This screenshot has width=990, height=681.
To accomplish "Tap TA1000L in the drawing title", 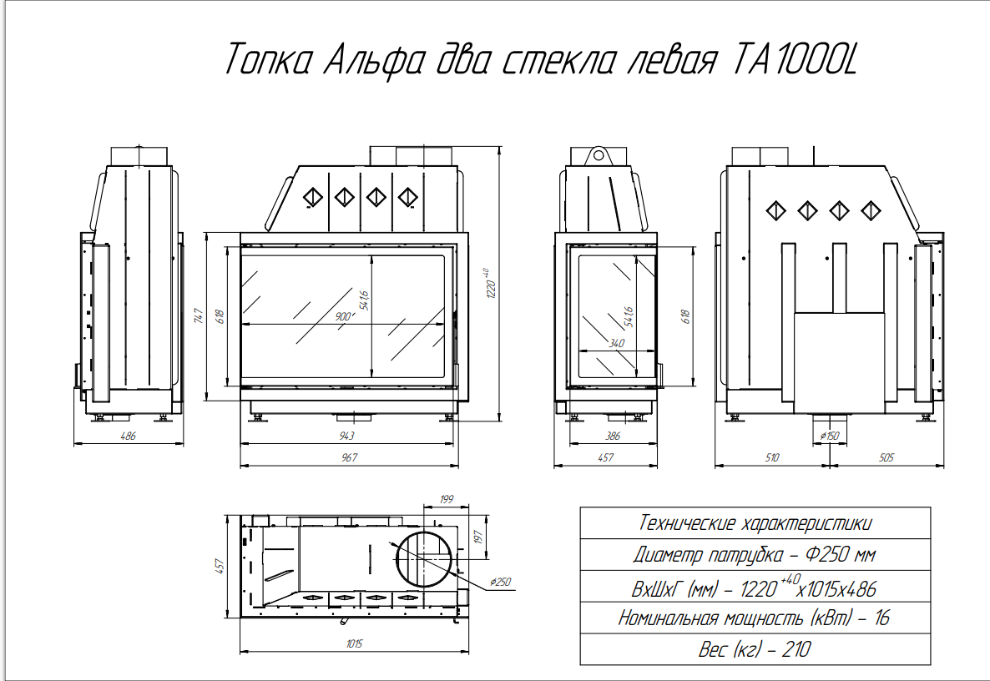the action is pyautogui.click(x=795, y=59).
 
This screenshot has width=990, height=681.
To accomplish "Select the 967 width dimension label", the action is pyautogui.click(x=349, y=457).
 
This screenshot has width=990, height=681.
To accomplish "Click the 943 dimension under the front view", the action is pyautogui.click(x=346, y=436).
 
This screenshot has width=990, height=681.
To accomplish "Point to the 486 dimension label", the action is pyautogui.click(x=129, y=436).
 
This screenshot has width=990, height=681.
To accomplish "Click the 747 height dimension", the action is pyautogui.click(x=199, y=316).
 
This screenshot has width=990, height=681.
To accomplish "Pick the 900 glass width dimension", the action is pyautogui.click(x=343, y=316).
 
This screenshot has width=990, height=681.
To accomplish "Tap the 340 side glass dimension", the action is pyautogui.click(x=616, y=343).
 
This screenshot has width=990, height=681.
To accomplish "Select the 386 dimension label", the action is pyautogui.click(x=613, y=436).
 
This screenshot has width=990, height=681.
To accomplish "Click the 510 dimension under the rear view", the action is pyautogui.click(x=771, y=457).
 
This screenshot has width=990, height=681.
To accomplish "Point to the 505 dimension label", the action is pyautogui.click(x=886, y=457).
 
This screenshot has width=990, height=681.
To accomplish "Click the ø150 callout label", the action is pyautogui.click(x=829, y=436).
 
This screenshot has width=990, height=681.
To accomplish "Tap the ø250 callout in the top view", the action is pyautogui.click(x=500, y=582).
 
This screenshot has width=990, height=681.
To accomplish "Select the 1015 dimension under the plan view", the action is pyautogui.click(x=354, y=643).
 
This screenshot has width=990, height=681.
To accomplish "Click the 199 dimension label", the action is pyautogui.click(x=447, y=499).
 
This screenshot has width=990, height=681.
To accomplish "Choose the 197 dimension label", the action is pyautogui.click(x=478, y=537).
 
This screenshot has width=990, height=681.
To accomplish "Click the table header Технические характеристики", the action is pyautogui.click(x=755, y=523).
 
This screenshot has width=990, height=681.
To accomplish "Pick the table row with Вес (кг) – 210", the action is pyautogui.click(x=755, y=649).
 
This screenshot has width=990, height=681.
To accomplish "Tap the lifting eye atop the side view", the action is pyautogui.click(x=597, y=155).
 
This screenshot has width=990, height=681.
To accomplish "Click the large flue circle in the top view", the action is pyautogui.click(x=424, y=557).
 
